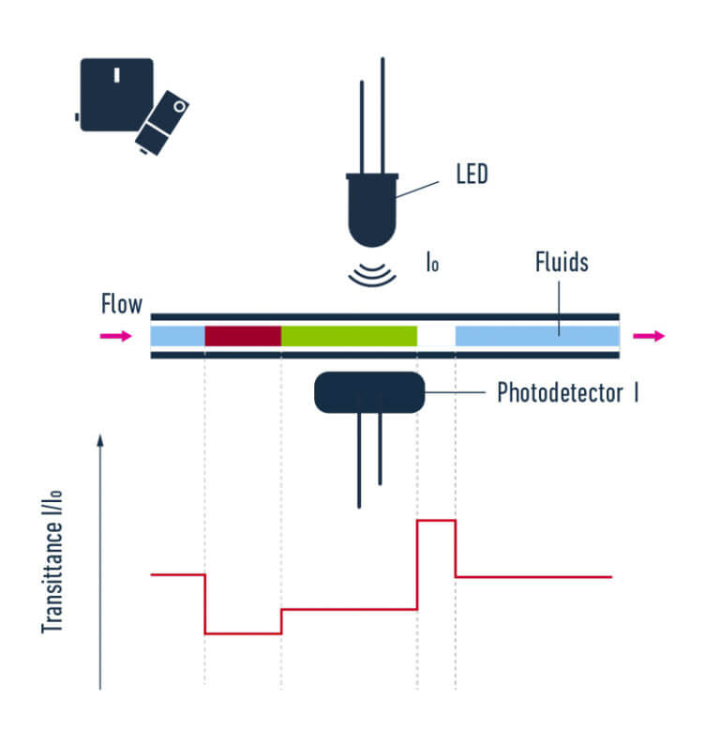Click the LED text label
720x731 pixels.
pyautogui.click(x=472, y=175)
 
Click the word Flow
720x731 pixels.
pyautogui.click(x=122, y=304)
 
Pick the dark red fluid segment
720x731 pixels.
pyautogui.click(x=243, y=336)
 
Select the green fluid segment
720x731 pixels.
pyautogui.click(x=349, y=336)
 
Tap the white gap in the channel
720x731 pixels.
pyautogui.click(x=436, y=336)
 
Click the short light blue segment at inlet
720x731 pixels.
pyautogui.click(x=177, y=336)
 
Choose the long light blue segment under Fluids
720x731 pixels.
pyautogui.click(x=537, y=336)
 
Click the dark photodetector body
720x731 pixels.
pyautogui.click(x=369, y=392)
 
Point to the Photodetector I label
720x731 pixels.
pyautogui.click(x=567, y=392)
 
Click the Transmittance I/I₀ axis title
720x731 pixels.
pyautogui.click(x=53, y=563)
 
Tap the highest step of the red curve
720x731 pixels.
pyautogui.click(x=436, y=520)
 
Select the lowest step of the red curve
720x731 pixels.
pyautogui.click(x=243, y=633)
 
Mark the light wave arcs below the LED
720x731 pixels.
pyautogui.click(x=372, y=272)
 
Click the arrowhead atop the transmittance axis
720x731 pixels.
pyautogui.click(x=100, y=439)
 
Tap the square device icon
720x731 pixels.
pyautogui.click(x=116, y=95)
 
